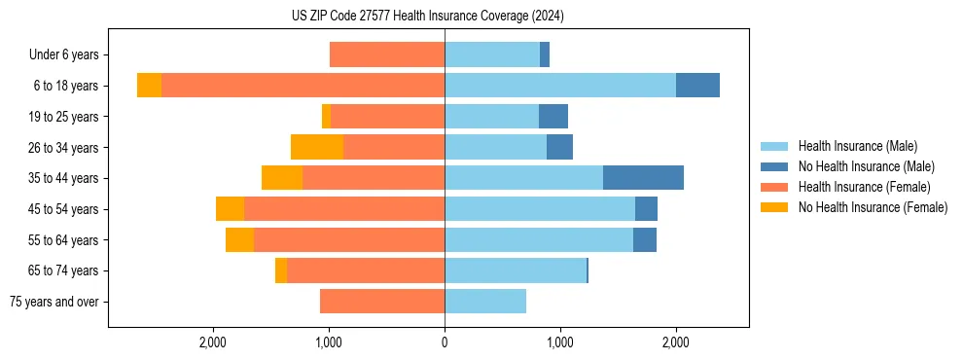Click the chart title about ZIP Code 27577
(427, 17)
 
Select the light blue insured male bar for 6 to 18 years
(559, 86)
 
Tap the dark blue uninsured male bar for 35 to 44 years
(643, 178)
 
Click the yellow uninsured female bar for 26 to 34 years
(317, 147)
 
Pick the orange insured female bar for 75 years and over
(382, 302)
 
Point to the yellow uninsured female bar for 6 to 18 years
(149, 86)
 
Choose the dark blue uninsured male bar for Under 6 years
(545, 54)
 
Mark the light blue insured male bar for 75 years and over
(485, 302)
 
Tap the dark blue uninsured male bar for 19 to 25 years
(553, 117)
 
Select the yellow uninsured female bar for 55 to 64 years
(239, 240)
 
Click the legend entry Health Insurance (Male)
(858, 146)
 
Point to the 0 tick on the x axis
(445, 342)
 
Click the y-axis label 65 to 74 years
(63, 271)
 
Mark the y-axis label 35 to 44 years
(63, 179)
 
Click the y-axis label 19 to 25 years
(63, 117)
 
